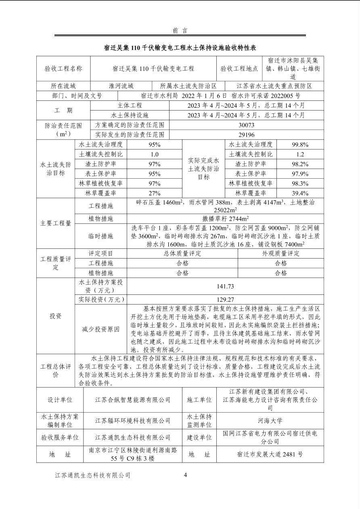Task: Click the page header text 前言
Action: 180,30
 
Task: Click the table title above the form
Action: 180,48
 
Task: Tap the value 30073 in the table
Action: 246,125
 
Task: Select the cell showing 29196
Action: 246,135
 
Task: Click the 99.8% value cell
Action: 300,144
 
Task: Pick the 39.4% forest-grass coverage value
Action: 300,193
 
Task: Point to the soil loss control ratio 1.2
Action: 300,154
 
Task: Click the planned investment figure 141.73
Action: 225,286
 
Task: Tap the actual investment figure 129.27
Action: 225,300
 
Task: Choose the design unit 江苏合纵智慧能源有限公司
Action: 133,400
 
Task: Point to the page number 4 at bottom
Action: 185,475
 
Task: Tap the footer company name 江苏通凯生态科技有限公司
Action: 93,476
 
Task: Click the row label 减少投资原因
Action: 101,329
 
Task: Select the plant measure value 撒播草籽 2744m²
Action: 225,219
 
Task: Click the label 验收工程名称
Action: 63,69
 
